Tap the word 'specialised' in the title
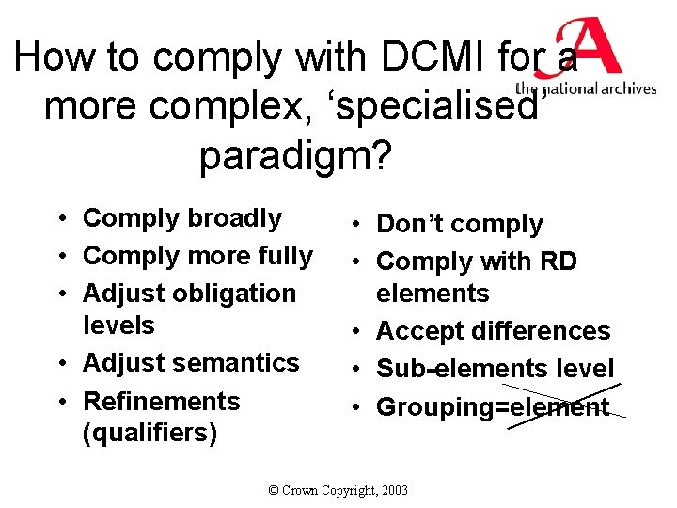pyautogui.click(x=433, y=107)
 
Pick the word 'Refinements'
pyautogui.click(x=162, y=402)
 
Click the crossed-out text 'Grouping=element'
pyautogui.click(x=493, y=407)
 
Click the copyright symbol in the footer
pyautogui.click(x=274, y=490)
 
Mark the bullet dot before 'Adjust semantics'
pyautogui.click(x=59, y=364)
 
